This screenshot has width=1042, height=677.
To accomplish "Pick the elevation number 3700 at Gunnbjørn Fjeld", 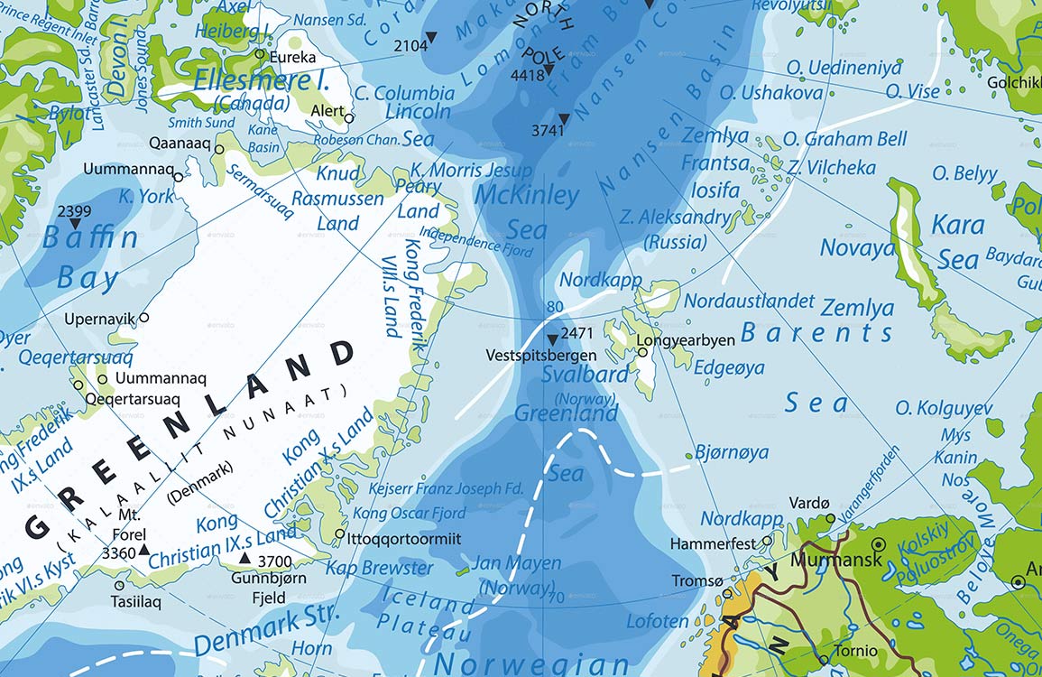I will (x=275, y=561).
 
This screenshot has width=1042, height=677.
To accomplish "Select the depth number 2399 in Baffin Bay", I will (x=74, y=210).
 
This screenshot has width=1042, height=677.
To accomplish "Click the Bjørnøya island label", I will (x=733, y=451).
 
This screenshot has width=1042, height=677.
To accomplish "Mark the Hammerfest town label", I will (x=712, y=543).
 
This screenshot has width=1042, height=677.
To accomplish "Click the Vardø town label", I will (x=808, y=502).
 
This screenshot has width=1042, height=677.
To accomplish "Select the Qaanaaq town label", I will (x=180, y=144).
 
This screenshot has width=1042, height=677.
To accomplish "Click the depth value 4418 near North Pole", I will (x=528, y=76).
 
